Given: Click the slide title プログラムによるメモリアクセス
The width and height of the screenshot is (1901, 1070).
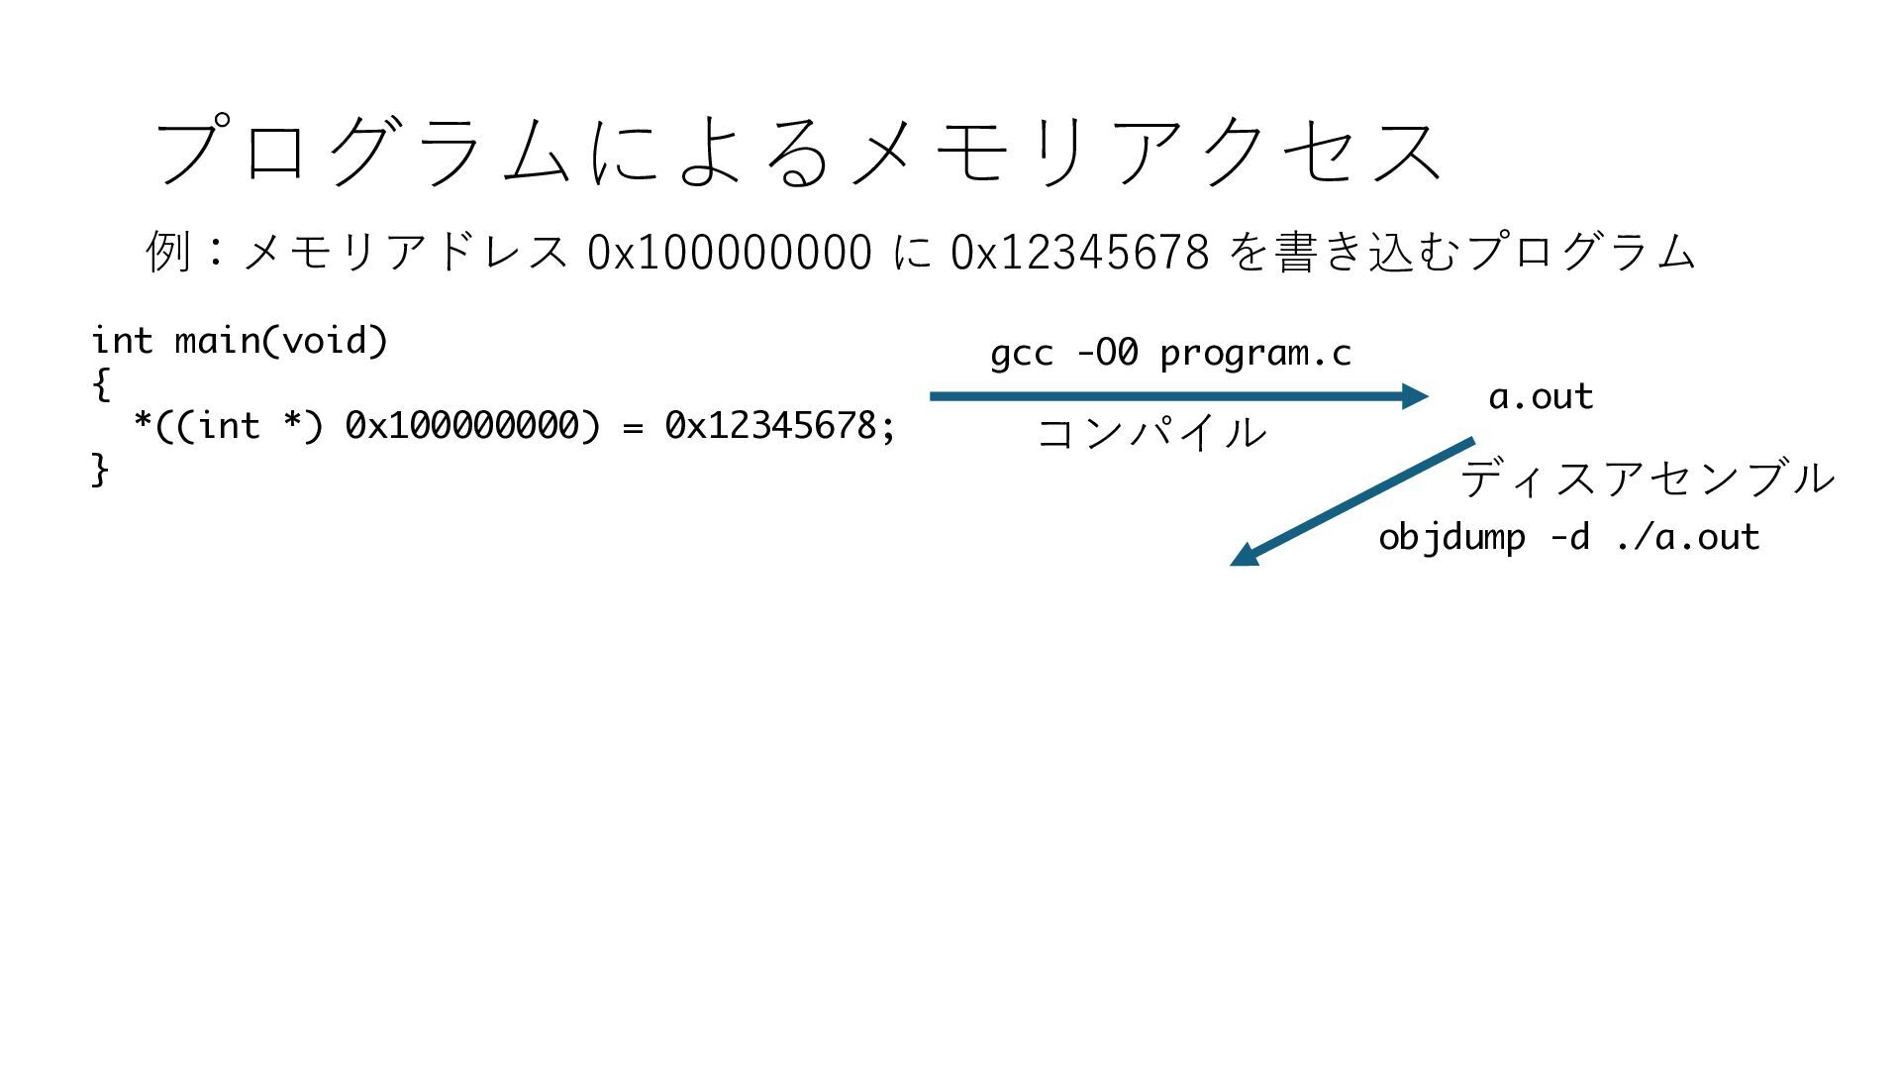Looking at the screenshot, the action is click(797, 151).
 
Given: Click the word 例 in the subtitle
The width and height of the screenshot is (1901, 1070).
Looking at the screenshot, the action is click(167, 251).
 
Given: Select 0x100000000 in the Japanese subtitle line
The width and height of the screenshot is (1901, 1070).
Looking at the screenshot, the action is click(730, 252).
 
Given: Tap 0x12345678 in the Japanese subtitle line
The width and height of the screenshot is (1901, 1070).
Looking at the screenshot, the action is click(1079, 252).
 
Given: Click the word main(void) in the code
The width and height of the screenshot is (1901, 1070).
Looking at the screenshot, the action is click(280, 341).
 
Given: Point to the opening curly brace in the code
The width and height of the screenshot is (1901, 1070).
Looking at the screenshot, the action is click(100, 383).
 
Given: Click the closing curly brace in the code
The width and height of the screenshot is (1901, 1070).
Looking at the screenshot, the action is click(100, 469).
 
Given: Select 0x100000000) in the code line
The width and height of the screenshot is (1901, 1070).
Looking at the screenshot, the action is click(472, 426).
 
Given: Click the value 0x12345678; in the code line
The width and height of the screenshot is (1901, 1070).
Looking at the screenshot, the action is click(779, 426).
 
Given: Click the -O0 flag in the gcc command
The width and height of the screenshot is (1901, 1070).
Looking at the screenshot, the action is click(1107, 353).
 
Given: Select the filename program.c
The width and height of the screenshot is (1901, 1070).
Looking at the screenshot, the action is click(1255, 354).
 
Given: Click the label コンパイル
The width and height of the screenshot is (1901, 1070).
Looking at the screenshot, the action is click(1151, 433).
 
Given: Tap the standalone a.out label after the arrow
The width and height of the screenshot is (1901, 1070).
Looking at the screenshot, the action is click(1541, 397).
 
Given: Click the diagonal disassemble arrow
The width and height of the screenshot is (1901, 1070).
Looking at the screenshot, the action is click(1352, 501).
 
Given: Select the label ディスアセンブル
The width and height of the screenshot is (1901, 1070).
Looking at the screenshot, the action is click(1648, 479).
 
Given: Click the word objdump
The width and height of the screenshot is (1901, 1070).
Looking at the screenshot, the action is click(1451, 538).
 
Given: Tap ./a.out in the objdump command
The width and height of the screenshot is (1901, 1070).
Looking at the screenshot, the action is click(1687, 538).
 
